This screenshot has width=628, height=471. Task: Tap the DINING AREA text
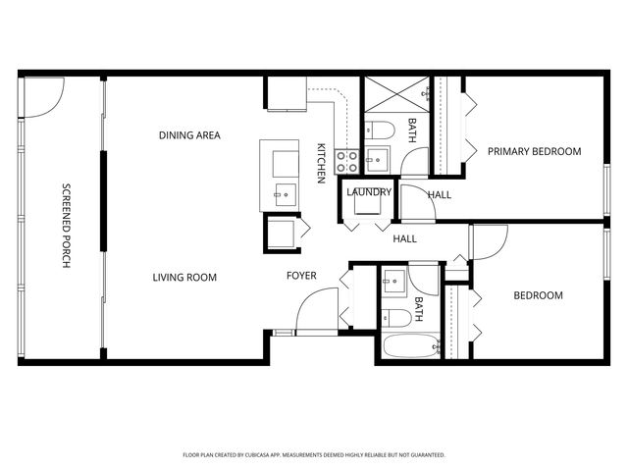click(189, 135)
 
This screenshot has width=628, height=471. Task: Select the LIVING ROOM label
click(184, 278)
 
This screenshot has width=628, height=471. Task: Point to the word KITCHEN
click(321, 163)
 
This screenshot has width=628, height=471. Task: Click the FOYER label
click(301, 276)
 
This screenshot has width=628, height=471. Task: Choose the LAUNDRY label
click(369, 192)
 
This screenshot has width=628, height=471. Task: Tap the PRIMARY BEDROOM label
click(535, 151)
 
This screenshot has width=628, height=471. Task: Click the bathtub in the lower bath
click(409, 346)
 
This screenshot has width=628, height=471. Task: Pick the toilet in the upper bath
click(381, 128)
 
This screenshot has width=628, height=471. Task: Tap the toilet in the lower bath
click(397, 316)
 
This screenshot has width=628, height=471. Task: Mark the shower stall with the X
click(395, 94)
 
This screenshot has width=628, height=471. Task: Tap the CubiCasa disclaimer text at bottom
click(314, 455)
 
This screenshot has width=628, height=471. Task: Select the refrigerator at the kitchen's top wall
click(286, 94)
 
